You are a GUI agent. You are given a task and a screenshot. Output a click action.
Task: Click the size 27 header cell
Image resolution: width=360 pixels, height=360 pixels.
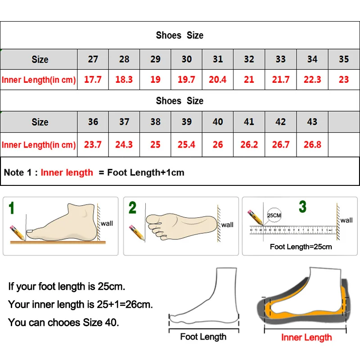tap(93, 59)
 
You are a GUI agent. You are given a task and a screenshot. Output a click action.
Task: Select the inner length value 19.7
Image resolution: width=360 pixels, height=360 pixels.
tap(186, 80)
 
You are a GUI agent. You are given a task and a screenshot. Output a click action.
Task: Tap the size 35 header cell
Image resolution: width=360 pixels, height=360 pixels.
tap(343, 59)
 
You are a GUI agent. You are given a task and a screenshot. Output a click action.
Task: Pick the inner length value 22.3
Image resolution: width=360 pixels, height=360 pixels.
tap(312, 80)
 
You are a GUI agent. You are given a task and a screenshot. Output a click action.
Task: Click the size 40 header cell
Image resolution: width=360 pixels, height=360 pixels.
tap(218, 122)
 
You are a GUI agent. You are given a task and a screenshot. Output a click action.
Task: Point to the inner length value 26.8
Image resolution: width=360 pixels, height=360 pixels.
tap(312, 144)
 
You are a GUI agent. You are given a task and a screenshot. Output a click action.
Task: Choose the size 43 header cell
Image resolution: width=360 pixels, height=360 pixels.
tap(312, 122)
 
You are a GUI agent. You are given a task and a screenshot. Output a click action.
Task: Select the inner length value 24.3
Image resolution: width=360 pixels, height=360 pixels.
tap(124, 144)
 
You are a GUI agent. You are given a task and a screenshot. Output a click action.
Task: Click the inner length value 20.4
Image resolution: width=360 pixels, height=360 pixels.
tap(218, 80)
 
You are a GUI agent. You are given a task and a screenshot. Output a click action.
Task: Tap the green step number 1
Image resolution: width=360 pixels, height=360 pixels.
tap(12, 208)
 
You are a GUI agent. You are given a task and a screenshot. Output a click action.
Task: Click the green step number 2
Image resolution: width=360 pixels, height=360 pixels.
tap(132, 208)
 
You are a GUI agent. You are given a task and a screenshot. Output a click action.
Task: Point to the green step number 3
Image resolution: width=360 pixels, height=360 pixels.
tap(303, 207)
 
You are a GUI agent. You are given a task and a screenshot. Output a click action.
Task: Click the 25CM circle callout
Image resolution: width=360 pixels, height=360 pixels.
tap(274, 216)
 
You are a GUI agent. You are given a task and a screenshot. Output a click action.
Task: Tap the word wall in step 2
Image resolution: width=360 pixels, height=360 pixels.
tap(227, 225)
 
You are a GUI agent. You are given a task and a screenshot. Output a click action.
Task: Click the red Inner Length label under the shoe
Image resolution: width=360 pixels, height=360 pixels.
tap(306, 337)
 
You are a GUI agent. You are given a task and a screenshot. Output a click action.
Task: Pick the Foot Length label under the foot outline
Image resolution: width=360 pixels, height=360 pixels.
tap(203, 337)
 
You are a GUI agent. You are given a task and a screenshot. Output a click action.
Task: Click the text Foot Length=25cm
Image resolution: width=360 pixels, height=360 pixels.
tap(301, 247)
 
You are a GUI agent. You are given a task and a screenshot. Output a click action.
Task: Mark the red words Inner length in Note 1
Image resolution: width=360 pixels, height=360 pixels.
tap(67, 172)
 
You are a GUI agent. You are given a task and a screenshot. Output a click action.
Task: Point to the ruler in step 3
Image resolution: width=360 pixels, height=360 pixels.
tap(292, 230)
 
